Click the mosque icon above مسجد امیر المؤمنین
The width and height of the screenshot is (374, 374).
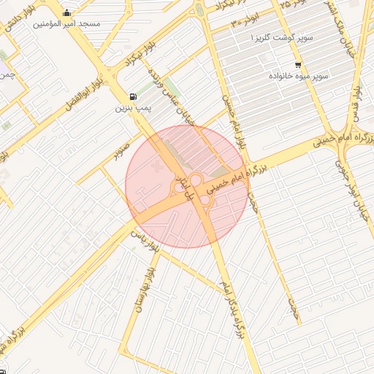tap(67, 12)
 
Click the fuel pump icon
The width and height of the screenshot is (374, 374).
tap(132, 96)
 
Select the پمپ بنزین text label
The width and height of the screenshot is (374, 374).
tap(132, 108)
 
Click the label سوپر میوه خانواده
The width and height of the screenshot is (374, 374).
tap(298, 76)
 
